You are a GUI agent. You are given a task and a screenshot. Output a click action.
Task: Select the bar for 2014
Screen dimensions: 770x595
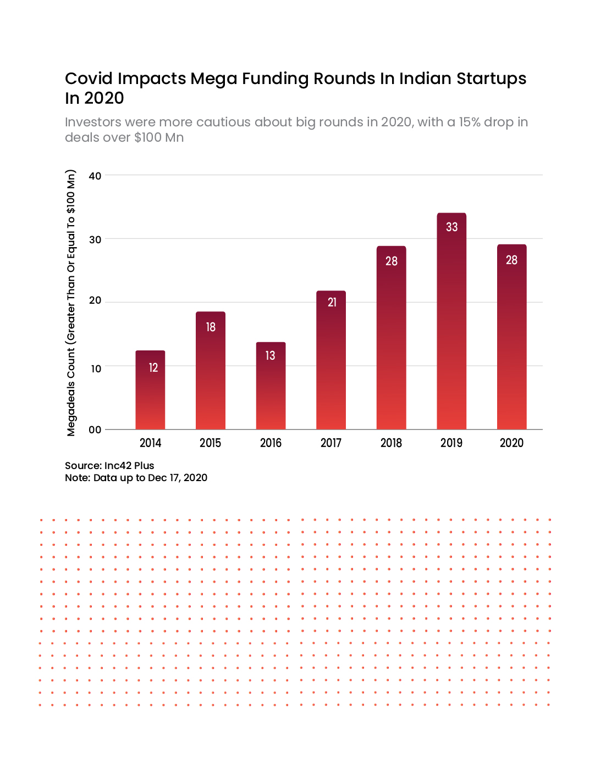coord(150,390)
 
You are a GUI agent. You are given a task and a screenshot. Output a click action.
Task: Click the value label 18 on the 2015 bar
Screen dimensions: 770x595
coord(211,327)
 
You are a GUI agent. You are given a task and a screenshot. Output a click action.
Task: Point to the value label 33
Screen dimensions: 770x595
coord(451,227)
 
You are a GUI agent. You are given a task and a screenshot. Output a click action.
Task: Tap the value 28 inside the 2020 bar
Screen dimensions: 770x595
coord(511,260)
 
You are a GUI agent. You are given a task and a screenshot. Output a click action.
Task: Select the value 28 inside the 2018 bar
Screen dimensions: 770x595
coord(391,261)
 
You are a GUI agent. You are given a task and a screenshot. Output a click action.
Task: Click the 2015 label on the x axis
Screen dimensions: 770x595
coord(210,443)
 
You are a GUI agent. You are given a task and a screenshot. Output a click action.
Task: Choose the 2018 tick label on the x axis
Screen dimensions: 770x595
coord(391,443)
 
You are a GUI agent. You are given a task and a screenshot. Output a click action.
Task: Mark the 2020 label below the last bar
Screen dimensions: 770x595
coord(511,443)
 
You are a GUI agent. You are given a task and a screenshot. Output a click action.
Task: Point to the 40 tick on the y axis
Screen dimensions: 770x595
coord(95,176)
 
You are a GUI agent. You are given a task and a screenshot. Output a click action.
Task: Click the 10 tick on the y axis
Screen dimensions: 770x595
coord(96,369)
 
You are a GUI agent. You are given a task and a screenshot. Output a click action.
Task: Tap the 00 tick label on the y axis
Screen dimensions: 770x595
coord(95,430)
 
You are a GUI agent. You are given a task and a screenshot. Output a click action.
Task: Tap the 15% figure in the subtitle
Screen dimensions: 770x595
coord(470,122)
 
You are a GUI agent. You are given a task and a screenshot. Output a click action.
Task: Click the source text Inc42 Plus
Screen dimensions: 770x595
coord(129,466)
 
